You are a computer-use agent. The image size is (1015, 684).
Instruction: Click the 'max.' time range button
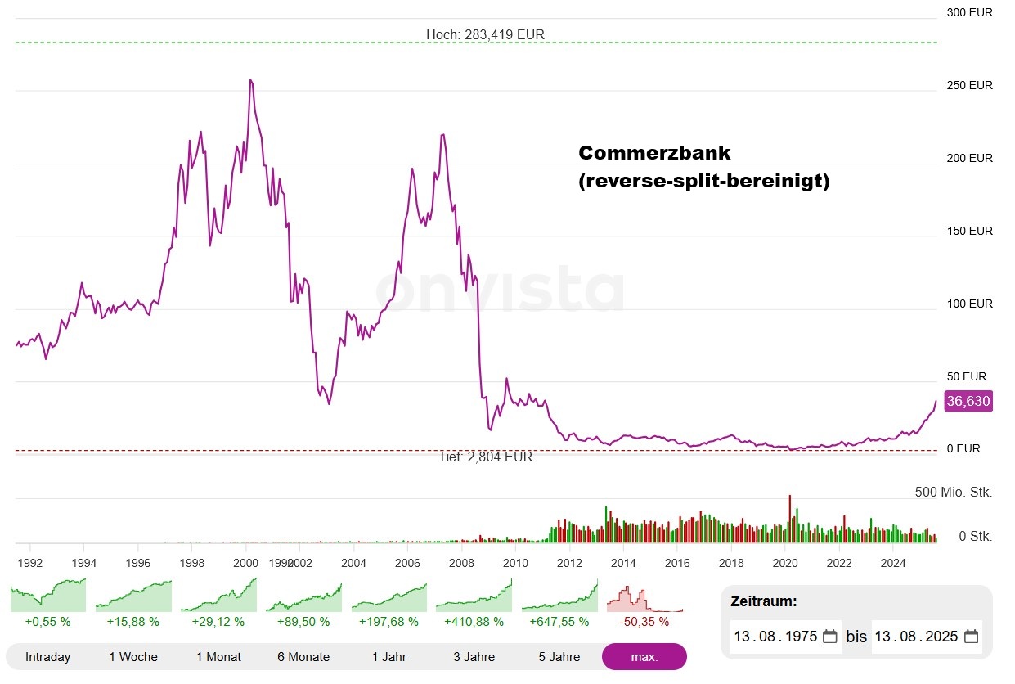(x=644, y=656)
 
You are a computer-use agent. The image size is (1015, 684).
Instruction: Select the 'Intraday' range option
(x=48, y=656)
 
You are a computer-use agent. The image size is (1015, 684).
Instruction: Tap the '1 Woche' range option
(x=133, y=656)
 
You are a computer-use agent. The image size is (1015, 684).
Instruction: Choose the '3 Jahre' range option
(x=474, y=656)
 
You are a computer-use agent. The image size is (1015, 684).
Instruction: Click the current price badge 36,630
(x=968, y=402)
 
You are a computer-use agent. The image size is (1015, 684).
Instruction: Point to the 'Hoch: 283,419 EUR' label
(x=485, y=35)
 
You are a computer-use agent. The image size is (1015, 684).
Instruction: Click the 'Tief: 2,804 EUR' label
(x=485, y=457)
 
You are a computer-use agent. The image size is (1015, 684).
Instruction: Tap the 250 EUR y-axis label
(x=969, y=85)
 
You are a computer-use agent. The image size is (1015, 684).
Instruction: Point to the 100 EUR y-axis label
(x=969, y=304)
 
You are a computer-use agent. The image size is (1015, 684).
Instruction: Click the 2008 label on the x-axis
(x=462, y=563)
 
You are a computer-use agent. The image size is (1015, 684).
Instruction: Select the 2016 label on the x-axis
(x=677, y=563)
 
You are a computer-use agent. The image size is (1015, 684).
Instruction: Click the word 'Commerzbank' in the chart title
(x=654, y=153)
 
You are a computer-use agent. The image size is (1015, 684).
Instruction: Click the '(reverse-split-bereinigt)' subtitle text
(x=703, y=181)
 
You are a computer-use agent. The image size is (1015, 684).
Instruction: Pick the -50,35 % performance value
(x=644, y=621)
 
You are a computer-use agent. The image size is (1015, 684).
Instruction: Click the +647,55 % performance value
(x=559, y=621)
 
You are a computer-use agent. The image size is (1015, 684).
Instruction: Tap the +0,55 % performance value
(x=48, y=621)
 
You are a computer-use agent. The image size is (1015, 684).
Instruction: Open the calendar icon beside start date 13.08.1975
(x=829, y=637)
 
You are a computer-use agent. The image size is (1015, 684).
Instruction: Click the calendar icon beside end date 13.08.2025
(x=971, y=637)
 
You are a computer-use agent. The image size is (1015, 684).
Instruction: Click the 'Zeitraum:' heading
(x=764, y=601)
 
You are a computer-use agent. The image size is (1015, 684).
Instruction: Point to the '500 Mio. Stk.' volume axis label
(x=953, y=492)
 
